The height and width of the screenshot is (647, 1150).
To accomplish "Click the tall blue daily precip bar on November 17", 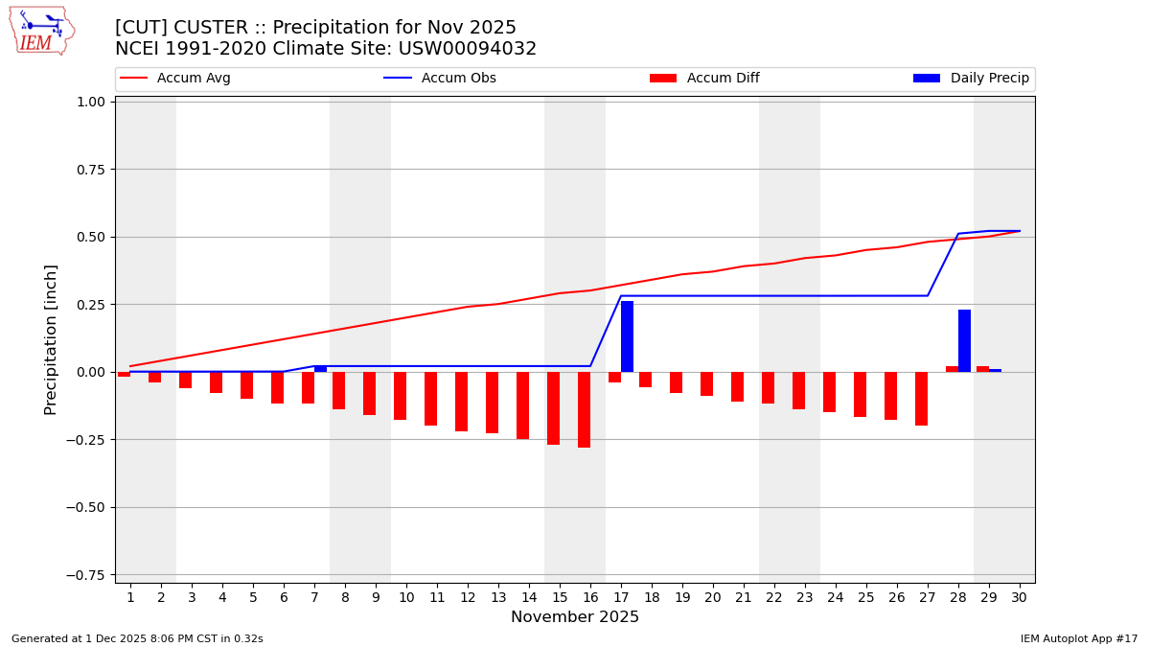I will point(627,336).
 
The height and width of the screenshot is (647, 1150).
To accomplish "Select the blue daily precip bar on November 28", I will point(964,340).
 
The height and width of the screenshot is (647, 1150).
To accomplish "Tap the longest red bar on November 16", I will point(584,409).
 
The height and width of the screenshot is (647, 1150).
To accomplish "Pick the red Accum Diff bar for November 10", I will point(400,396).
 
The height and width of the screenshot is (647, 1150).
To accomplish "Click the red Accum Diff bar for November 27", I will point(921,399).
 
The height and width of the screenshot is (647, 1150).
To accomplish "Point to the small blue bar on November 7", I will point(320,368).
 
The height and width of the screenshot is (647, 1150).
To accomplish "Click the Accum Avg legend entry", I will point(175,79).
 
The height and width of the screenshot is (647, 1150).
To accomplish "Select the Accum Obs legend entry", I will point(440,79).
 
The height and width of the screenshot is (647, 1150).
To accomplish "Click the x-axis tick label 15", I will point(560,597).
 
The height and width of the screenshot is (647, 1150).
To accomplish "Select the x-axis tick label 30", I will point(1019,597).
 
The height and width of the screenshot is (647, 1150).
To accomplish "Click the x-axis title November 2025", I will point(575,617).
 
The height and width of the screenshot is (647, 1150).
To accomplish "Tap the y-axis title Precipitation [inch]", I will point(51,339).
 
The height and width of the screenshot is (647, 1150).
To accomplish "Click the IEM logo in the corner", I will point(42,31).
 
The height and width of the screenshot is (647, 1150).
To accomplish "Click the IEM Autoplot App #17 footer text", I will point(1079,638).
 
